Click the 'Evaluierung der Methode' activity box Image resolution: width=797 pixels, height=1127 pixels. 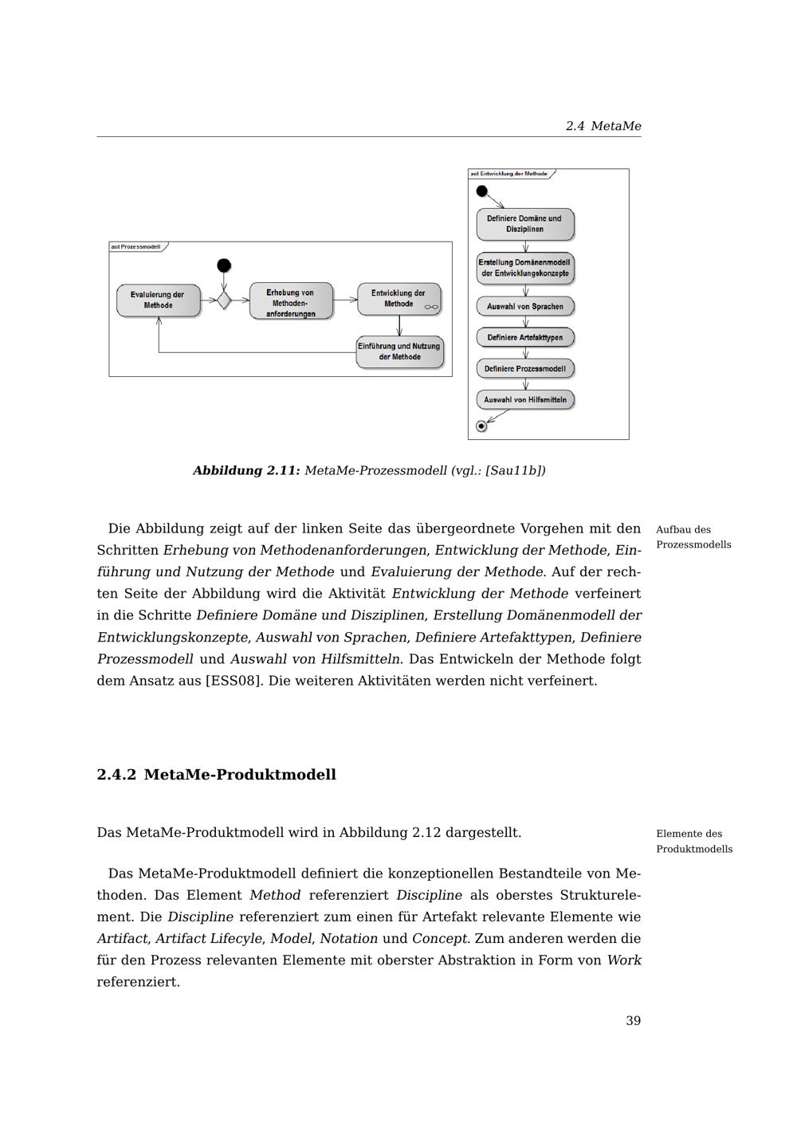click(158, 300)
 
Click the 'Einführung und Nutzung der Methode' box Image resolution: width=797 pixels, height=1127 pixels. click(399, 351)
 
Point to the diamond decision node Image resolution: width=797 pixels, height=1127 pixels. click(224, 300)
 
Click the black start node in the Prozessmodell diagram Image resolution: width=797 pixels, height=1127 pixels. click(224, 265)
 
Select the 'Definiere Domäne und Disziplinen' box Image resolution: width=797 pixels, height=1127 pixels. click(524, 224)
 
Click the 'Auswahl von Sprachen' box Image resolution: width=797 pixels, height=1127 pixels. click(524, 306)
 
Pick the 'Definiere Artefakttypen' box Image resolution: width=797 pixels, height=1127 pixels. click(524, 337)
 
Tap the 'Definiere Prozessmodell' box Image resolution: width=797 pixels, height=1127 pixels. click(524, 368)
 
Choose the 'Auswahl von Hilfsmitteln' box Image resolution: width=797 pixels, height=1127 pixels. click(524, 399)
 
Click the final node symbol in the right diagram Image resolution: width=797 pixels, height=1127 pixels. click(481, 426)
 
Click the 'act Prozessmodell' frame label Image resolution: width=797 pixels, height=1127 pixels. click(136, 247)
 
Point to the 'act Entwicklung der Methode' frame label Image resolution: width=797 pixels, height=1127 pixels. click(509, 174)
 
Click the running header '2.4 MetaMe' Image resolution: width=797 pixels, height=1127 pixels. click(603, 126)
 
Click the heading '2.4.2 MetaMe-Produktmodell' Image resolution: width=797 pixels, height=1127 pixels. click(217, 775)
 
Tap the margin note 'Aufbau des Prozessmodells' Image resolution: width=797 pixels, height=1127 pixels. click(693, 537)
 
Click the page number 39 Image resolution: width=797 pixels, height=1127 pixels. click(633, 1021)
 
